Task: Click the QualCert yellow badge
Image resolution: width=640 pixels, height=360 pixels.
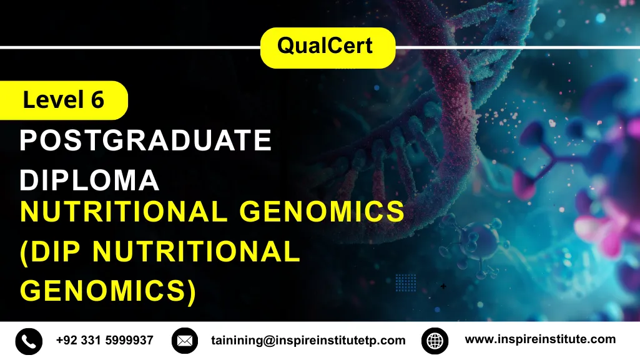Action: (x=327, y=47)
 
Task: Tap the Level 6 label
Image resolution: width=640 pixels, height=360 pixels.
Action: (x=63, y=100)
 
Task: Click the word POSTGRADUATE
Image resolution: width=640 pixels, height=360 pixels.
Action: (x=145, y=141)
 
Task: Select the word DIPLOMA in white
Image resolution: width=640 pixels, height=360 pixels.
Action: (x=89, y=180)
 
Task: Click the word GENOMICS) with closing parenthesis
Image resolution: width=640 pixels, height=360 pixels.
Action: (x=108, y=291)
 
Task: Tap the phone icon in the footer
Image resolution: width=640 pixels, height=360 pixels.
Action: (x=29, y=341)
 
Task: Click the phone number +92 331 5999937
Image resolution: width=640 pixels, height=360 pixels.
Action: (x=104, y=341)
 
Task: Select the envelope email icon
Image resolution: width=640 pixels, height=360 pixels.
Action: (x=184, y=341)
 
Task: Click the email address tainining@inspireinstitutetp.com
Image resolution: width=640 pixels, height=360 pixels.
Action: (x=308, y=341)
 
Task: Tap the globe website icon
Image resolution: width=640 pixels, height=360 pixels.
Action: (x=435, y=341)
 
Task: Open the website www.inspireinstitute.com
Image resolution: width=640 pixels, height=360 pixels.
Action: (x=540, y=339)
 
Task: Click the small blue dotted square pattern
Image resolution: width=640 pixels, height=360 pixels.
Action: (x=406, y=283)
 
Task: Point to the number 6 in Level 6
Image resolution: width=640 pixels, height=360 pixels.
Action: (x=97, y=100)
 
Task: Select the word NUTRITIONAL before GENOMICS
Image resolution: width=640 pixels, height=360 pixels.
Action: (x=124, y=213)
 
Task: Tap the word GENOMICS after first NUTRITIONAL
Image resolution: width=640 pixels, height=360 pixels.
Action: (x=322, y=213)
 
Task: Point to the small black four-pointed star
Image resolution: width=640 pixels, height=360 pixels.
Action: (x=443, y=286)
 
